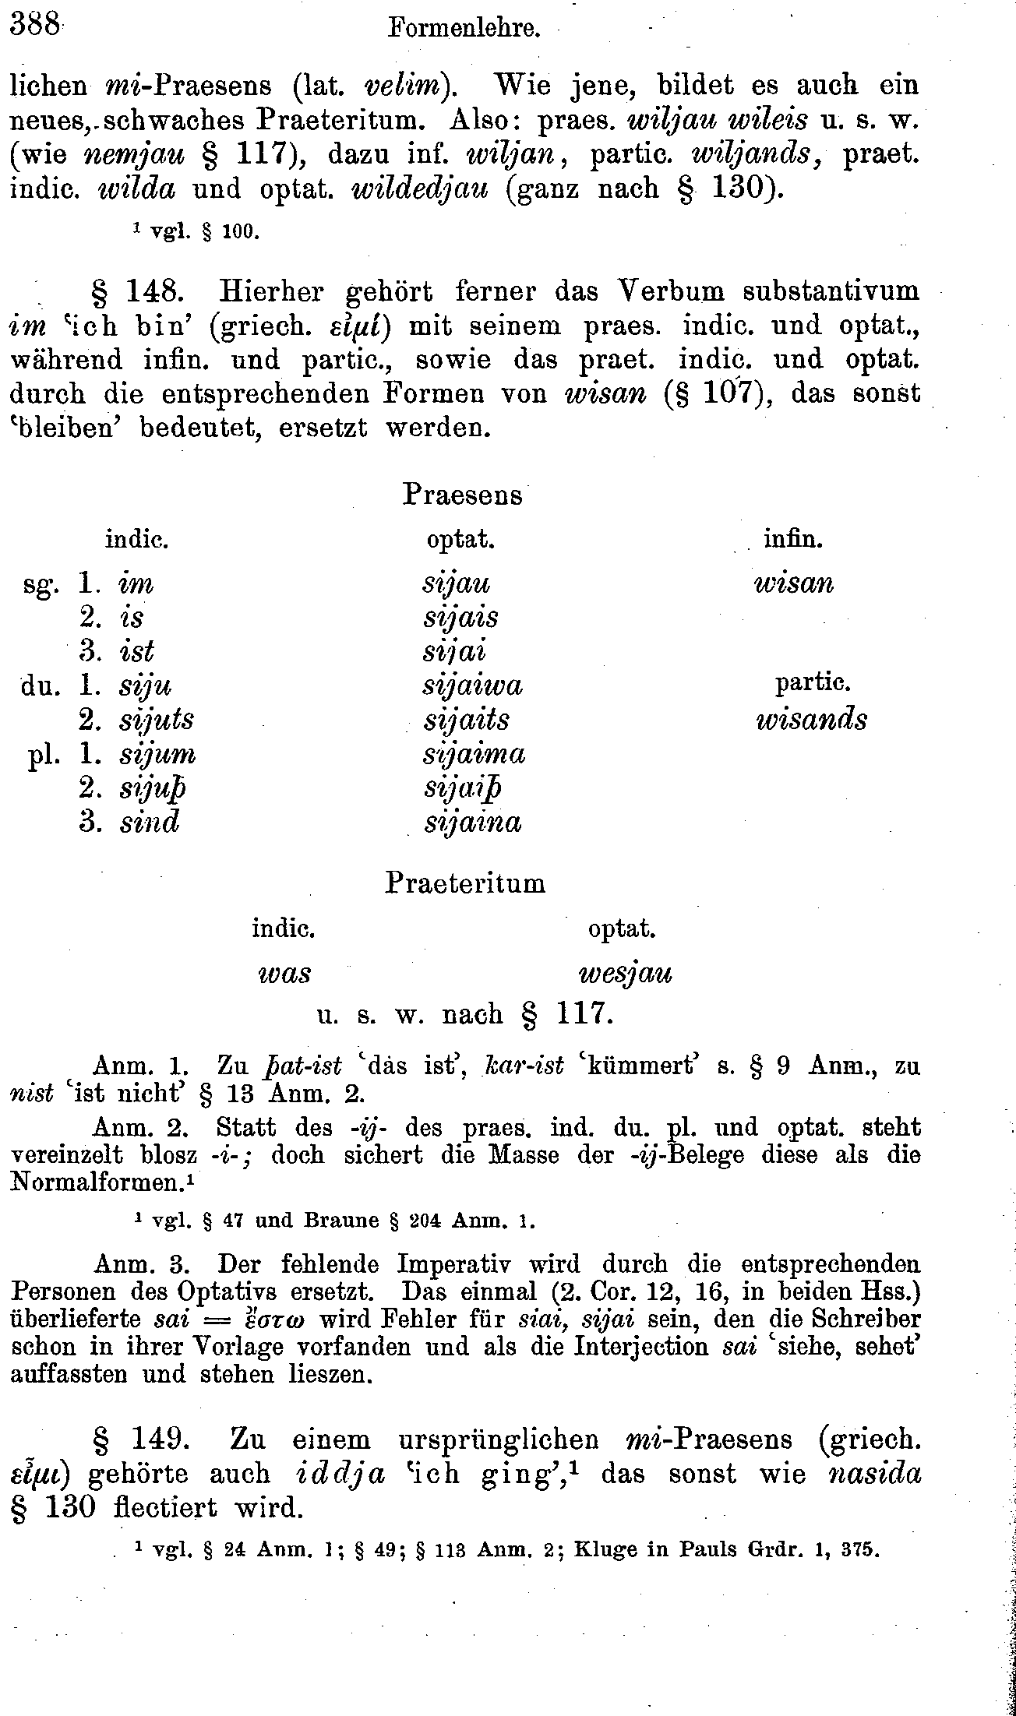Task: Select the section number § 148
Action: [x=138, y=291]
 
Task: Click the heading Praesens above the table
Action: [x=462, y=494]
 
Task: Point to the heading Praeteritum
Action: [x=465, y=883]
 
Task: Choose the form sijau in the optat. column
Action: [x=456, y=584]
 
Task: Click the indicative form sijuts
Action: [x=157, y=720]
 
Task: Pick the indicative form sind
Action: [x=150, y=823]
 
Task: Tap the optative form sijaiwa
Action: [x=472, y=685]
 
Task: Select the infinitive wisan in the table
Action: [x=794, y=584]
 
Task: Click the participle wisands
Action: [x=811, y=720]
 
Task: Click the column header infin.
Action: [x=793, y=539]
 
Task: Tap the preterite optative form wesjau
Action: [x=625, y=974]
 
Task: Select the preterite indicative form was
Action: [x=284, y=974]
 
